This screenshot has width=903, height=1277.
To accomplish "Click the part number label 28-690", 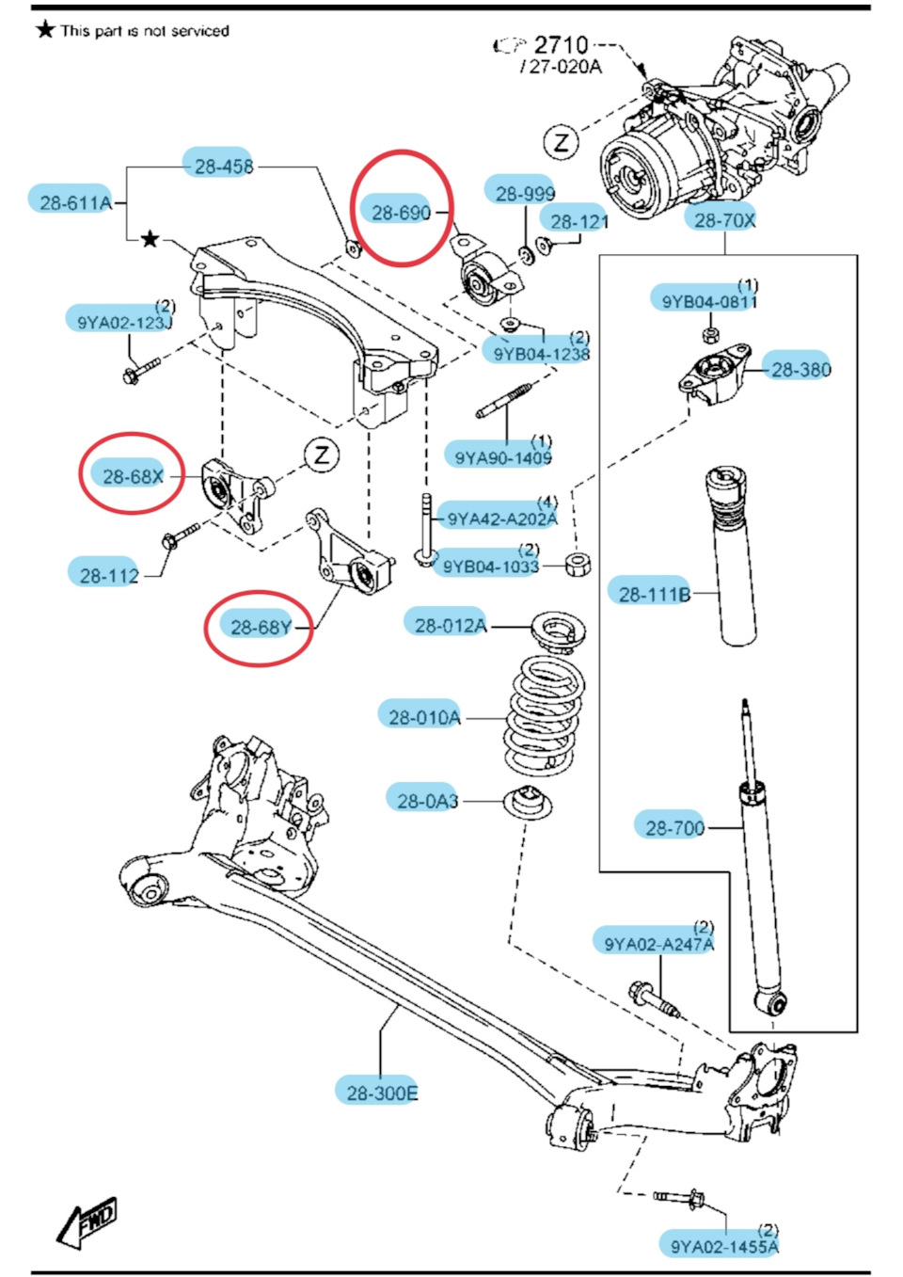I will [401, 213].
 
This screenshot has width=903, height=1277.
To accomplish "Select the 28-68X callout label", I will [133, 476].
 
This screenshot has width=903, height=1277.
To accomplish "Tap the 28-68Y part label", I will [260, 627].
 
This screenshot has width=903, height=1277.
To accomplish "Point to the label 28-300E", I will [381, 1093].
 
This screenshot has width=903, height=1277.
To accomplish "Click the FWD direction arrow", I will [88, 1222].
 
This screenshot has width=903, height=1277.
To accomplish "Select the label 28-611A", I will [75, 201].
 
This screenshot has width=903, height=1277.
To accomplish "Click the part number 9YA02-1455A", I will [723, 1246].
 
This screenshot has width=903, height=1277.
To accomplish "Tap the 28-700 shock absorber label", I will [674, 827].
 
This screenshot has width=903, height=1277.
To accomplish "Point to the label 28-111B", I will [654, 594].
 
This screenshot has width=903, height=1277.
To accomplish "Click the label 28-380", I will [800, 369].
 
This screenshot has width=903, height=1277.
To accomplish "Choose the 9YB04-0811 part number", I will [708, 301].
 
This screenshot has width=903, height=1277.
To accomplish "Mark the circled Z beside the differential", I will [562, 143].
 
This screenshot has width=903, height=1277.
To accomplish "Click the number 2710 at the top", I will [561, 44].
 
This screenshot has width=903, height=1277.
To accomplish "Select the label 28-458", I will [223, 167].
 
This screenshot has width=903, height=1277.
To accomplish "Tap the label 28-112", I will [109, 575].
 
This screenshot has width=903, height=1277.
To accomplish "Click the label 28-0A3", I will [427, 801].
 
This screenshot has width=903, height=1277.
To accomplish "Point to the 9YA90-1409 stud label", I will [502, 457].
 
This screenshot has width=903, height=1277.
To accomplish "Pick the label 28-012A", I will [451, 625].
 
